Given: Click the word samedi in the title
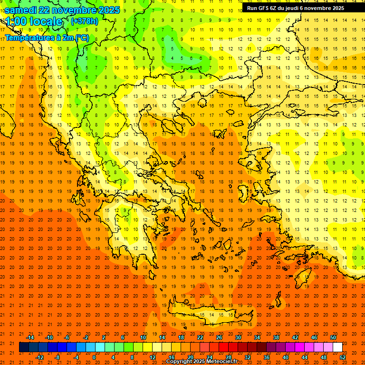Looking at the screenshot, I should click(x=21, y=10).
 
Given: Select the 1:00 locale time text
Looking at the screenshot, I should click(x=34, y=21).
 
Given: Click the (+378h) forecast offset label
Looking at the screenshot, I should click(x=84, y=21).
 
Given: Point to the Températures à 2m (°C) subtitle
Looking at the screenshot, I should click(x=47, y=38).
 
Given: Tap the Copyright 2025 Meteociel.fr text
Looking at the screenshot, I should click(x=202, y=362).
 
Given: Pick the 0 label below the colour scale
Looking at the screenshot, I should click(x=94, y=357).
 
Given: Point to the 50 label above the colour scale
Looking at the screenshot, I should click(x=333, y=337).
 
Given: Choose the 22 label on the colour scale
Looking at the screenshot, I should click(x=200, y=337).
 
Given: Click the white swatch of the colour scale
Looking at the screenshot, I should click(x=337, y=347).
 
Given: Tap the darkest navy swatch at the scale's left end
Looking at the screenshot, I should click(x=24, y=347).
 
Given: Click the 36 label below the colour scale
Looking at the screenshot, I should click(x=267, y=357).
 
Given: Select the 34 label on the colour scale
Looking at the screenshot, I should click(x=257, y=337).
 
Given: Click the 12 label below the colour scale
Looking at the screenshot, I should click(x=152, y=357).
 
